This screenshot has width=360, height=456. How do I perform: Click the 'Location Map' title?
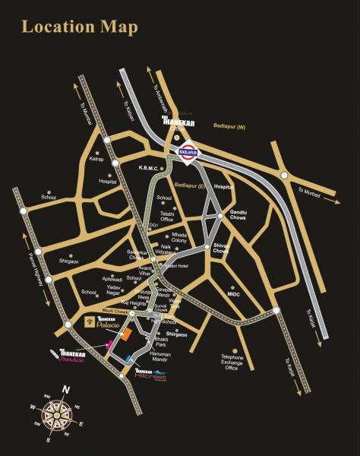80,27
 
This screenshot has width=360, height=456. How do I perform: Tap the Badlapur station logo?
186,152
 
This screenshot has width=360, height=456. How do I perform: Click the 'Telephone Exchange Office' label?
232,362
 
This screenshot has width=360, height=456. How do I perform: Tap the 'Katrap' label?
96,160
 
